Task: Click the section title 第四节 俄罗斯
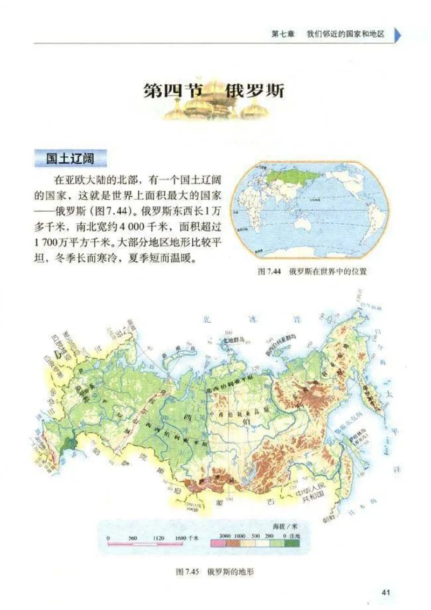[x=214, y=91]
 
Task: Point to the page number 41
[x=386, y=592]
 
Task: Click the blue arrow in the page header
[x=398, y=34]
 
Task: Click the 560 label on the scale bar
[x=133, y=538]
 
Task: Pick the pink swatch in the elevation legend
[x=217, y=545]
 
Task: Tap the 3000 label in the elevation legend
[x=225, y=537]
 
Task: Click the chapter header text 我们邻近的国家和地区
[x=345, y=34]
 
